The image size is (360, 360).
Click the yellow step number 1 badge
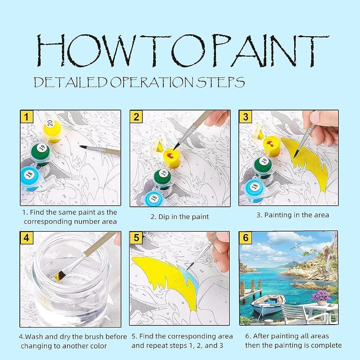pyautogui.click(x=27, y=116)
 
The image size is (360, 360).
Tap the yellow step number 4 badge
pyautogui.click(x=26, y=238)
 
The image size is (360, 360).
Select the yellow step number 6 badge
pyautogui.click(x=246, y=237)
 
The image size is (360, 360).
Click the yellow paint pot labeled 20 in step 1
pyautogui.click(x=53, y=131)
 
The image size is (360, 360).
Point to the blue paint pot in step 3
pyautogui.click(x=255, y=190)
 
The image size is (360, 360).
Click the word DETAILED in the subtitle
pyautogui.click(x=71, y=82)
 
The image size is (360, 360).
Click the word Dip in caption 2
pyautogui.click(x=164, y=217)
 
